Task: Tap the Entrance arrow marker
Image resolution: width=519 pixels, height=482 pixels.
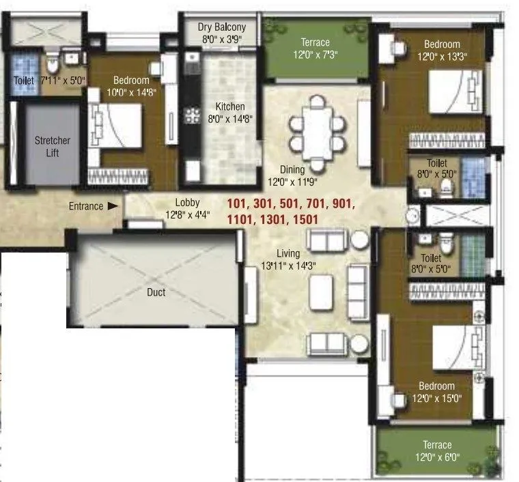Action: tap(113, 206)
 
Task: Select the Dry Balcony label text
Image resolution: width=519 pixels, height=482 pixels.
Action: tap(222, 27)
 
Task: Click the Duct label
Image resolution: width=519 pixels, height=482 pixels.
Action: tap(156, 292)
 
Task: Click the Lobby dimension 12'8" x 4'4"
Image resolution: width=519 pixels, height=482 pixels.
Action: tap(186, 214)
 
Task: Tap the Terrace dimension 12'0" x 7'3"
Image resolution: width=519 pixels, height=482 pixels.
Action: tap(315, 54)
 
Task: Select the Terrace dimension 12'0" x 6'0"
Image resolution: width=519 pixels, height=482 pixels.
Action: tap(436, 457)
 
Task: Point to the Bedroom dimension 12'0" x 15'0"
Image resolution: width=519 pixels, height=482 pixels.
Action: tap(437, 398)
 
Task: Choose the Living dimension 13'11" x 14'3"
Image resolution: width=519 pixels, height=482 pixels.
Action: tap(288, 265)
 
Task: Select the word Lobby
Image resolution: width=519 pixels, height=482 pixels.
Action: tap(186, 203)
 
